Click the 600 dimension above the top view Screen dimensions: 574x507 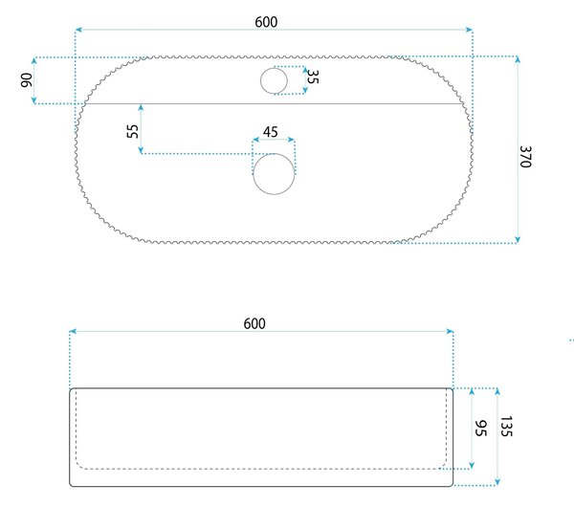266,22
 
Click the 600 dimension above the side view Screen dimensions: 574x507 254,324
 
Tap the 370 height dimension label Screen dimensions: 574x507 525,157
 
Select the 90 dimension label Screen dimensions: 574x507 27,80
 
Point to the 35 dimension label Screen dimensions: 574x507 313,77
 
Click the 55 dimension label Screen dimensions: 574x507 133,131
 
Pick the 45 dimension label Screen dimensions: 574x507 271,132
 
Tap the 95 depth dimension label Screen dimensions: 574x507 480,429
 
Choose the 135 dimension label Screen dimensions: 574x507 506,426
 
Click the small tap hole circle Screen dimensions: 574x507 274,80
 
